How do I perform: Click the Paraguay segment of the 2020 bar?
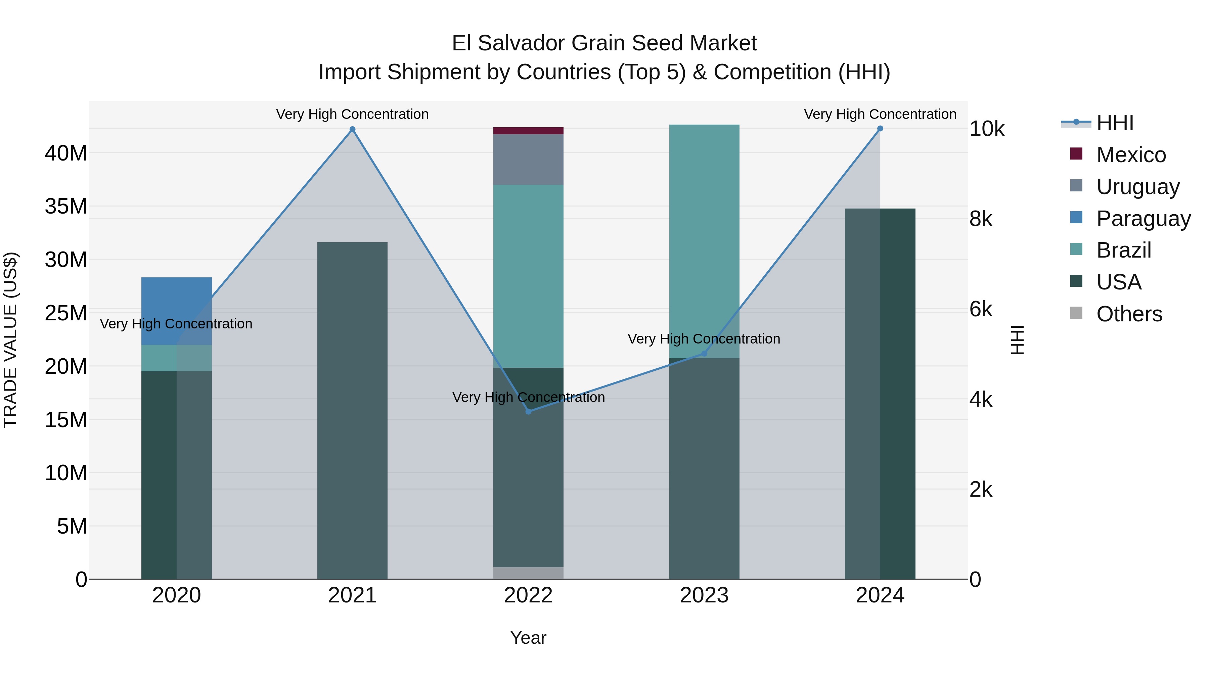point(176,311)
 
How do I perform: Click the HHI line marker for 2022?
point(529,411)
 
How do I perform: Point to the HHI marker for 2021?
point(353,130)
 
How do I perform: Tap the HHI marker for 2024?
point(880,129)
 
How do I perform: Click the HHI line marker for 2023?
point(704,353)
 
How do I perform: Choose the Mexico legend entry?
point(1131,155)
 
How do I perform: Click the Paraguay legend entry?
point(1143,219)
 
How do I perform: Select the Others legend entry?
point(1129,314)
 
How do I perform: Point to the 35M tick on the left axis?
point(66,207)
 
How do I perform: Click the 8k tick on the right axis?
point(981,219)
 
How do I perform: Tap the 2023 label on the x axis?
point(704,595)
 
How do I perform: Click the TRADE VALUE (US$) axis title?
point(11,340)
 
